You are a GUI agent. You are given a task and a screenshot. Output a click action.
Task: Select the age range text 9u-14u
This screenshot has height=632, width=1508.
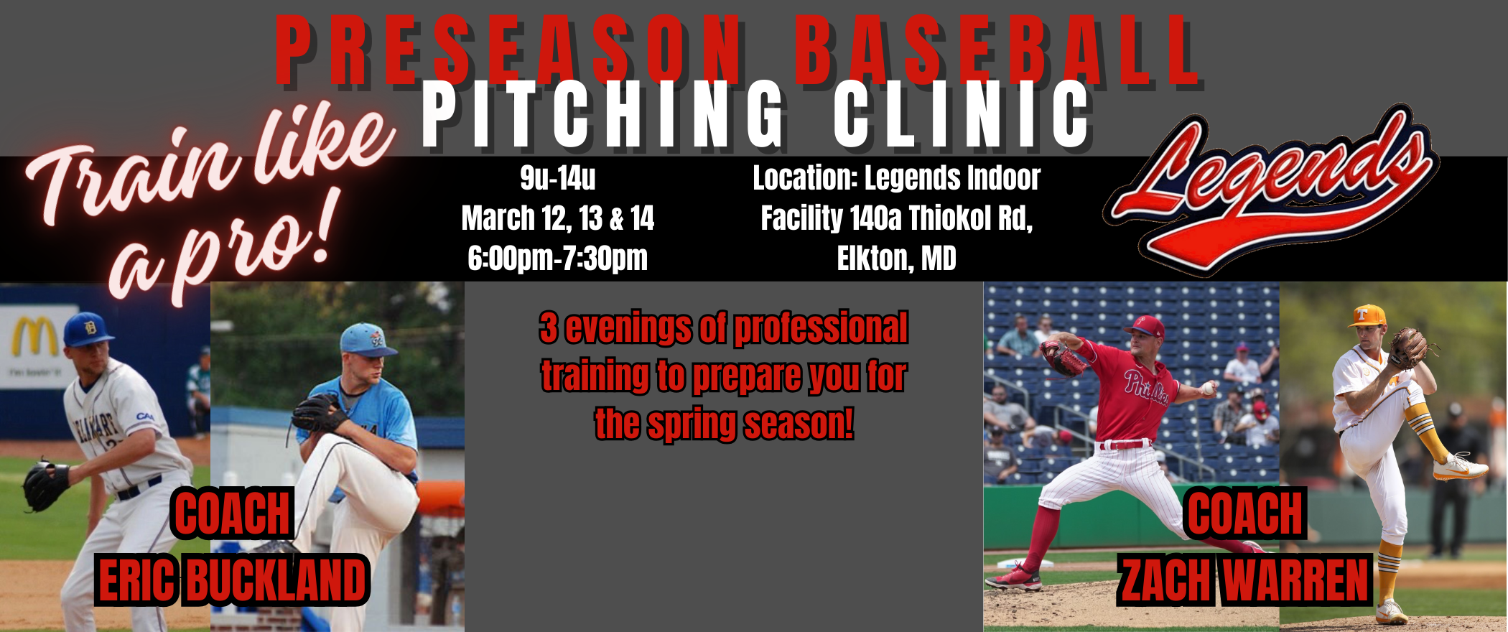pos(558,178)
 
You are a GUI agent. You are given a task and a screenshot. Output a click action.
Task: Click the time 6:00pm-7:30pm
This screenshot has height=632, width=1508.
pos(558,259)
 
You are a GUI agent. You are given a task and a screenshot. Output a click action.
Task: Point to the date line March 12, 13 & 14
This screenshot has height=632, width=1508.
pos(558,218)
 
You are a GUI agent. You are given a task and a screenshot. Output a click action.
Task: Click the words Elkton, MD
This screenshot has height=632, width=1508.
pos(896,259)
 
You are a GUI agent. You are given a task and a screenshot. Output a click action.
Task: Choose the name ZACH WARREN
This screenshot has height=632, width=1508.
pos(1244,580)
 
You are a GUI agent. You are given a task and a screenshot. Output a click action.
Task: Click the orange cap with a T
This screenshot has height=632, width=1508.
pos(1368,315)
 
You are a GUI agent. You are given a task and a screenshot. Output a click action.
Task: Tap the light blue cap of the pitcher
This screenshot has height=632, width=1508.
pos(366,339)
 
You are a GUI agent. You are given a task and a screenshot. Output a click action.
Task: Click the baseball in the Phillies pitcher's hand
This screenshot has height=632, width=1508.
pos(1209,389)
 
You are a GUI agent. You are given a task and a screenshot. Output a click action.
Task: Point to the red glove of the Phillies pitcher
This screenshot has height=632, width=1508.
pos(1063,357)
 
